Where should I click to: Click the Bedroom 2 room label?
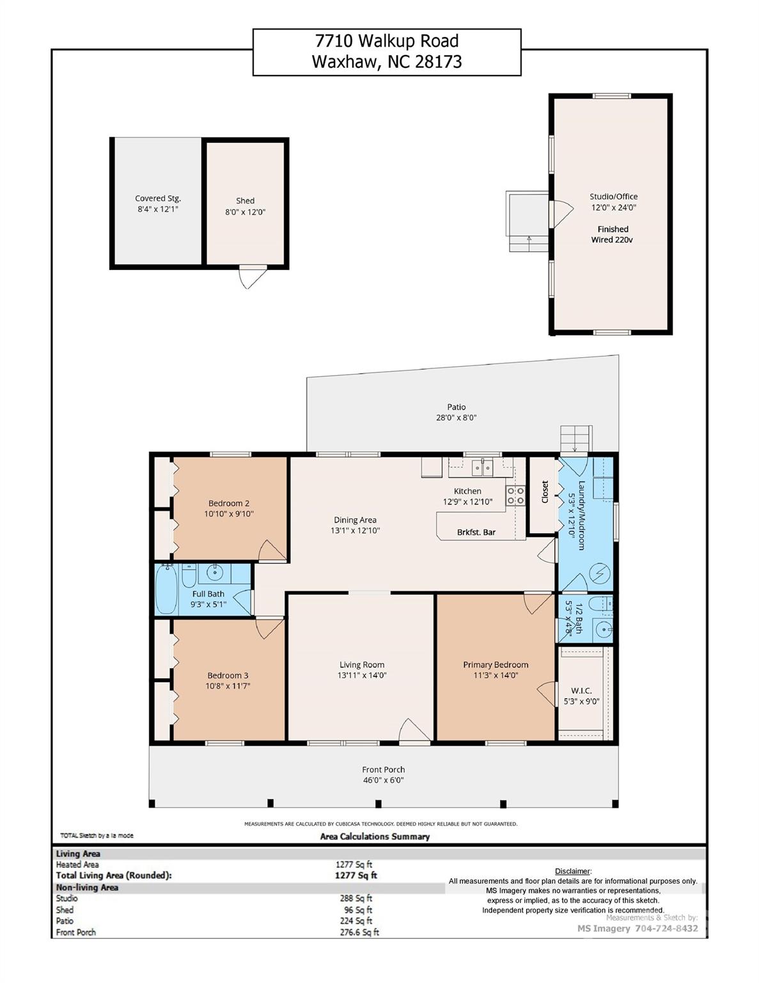pos(229,503)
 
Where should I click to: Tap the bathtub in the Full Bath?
pos(166,589)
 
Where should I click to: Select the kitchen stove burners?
pos(515,495)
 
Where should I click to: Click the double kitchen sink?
pos(483,467)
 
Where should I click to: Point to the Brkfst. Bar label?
pos(476,532)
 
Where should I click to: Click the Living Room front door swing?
pos(413,731)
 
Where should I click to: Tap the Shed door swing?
pos(253,277)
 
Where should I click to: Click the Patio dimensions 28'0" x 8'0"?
pos(457,417)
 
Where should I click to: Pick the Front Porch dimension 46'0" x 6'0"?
pos(383,780)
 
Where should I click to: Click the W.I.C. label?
pos(581,691)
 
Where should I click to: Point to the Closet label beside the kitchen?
pos(545,491)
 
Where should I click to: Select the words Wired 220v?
pos(612,240)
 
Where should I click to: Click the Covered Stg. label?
pos(158,198)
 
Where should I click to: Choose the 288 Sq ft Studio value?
pos(356,899)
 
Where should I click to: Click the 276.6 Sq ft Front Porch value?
pos(359,932)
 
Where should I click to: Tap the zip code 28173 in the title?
pos(438,61)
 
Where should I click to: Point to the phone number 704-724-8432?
pos(666,928)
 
